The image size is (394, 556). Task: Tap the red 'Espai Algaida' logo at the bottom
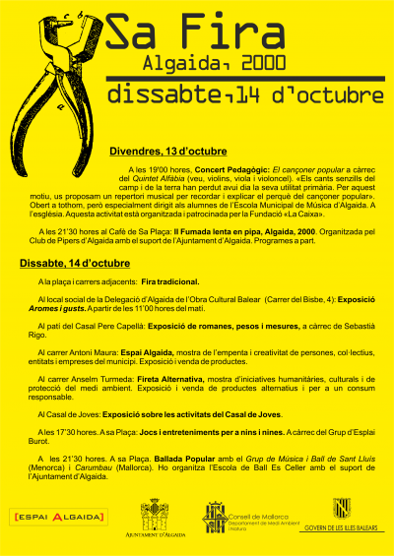(57, 516)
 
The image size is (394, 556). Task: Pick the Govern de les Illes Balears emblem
(342, 509)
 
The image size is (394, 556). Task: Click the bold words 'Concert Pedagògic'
(201, 170)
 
